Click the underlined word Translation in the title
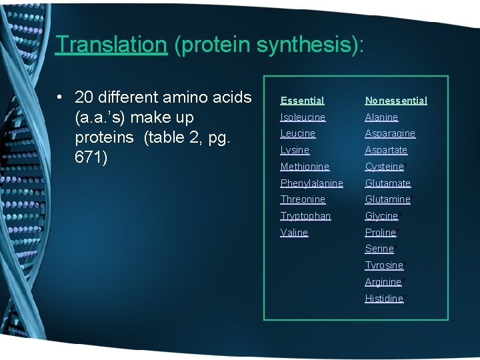tap(111, 44)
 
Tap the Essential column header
tap(302, 101)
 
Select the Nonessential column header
tap(396, 101)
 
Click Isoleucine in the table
tap(303, 117)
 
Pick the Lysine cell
tap(295, 150)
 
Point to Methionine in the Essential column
tap(305, 167)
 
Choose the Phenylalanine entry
tap(311, 183)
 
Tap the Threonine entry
tap(303, 199)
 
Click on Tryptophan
tap(305, 216)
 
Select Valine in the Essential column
tap(294, 233)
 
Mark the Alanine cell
tap(381, 117)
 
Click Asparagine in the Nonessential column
tap(390, 133)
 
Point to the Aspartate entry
tap(386, 150)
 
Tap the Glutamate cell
tap(388, 183)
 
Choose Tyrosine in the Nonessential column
tap(384, 265)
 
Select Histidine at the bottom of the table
tap(384, 299)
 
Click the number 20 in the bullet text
tap(85, 98)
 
